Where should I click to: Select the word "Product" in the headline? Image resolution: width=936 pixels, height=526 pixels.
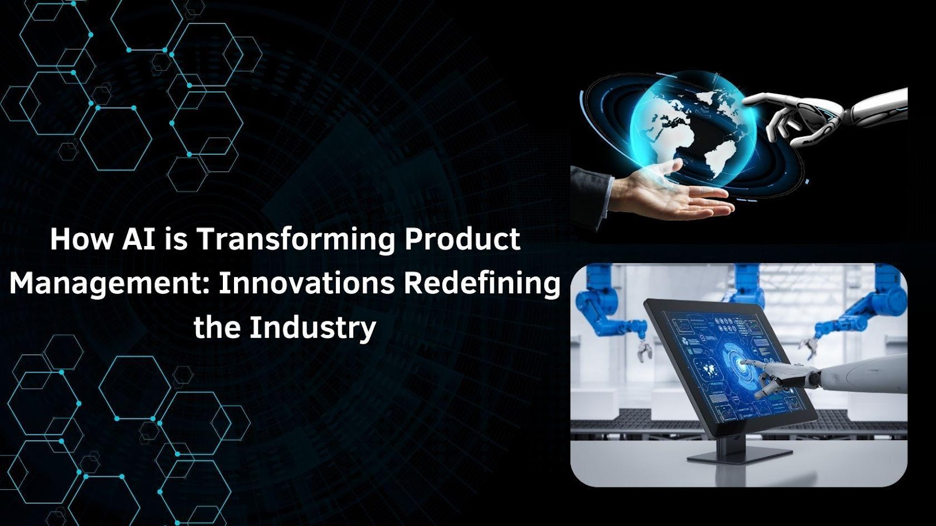pos(462,239)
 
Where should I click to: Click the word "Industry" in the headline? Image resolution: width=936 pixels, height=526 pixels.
pos(313,328)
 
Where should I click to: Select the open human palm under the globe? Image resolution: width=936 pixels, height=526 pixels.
pos(673,196)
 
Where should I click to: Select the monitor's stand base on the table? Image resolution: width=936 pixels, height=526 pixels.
pos(739,455)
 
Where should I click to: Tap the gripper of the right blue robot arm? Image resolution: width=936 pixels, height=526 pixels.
pos(809,347)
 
